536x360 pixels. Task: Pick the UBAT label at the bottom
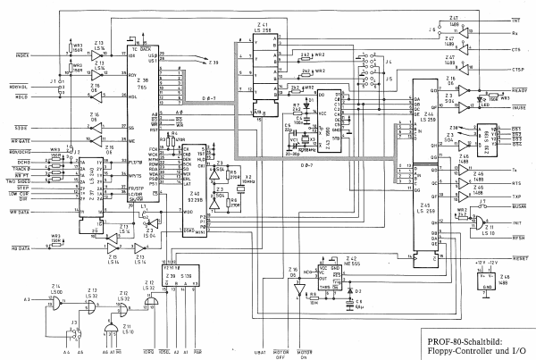tap(260, 351)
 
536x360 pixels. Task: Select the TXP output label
tap(517, 194)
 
